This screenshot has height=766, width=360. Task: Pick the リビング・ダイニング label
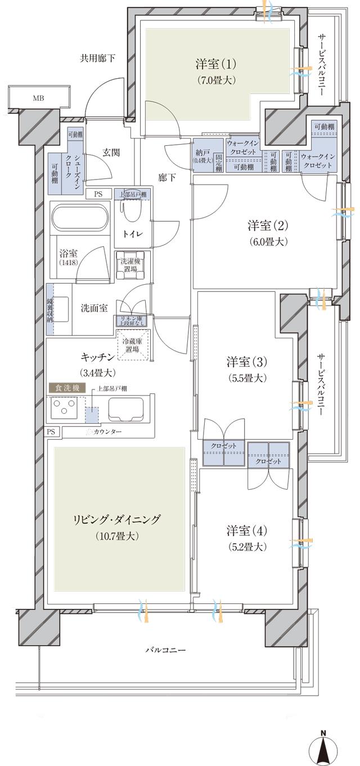tap(116, 519)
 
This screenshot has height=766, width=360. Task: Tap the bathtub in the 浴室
tap(79, 218)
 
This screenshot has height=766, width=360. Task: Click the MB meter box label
tap(38, 98)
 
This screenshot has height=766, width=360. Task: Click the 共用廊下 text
tap(97, 57)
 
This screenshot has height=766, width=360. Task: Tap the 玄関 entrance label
tap(112, 152)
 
